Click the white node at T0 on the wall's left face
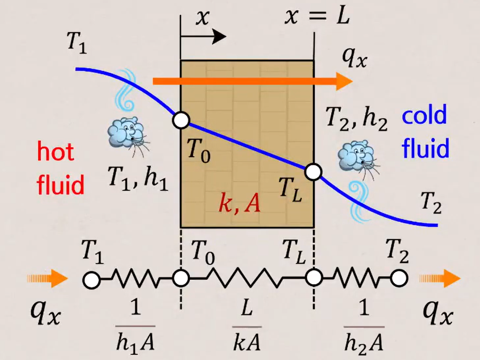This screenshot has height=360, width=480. [x=181, y=119]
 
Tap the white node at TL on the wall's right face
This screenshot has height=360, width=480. [x=313, y=172]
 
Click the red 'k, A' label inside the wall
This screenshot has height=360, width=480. [x=240, y=205]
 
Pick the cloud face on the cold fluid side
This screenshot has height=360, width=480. [x=357, y=154]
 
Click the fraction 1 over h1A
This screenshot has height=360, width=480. [x=135, y=325]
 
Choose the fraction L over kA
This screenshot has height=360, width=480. [x=246, y=325]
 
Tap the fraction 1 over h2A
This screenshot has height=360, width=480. [x=364, y=325]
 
